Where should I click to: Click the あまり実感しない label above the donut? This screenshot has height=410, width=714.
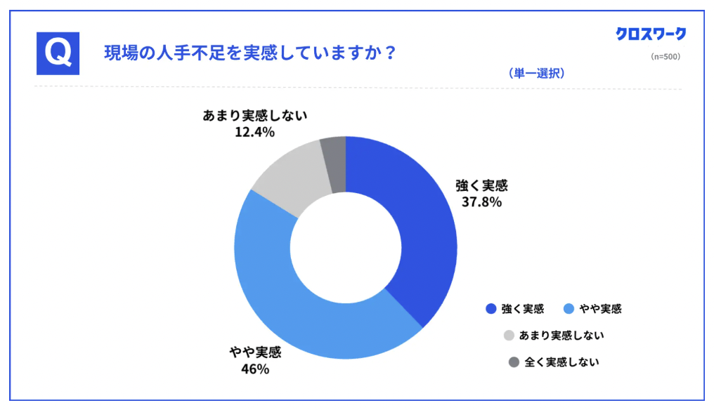pyautogui.click(x=256, y=116)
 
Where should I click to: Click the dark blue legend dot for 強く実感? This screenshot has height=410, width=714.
pyautogui.click(x=491, y=309)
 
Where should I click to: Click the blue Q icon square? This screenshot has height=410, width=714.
pyautogui.click(x=57, y=53)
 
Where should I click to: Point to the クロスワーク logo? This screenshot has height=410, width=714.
pyautogui.click(x=650, y=34)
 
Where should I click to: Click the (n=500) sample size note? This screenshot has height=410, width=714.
pyautogui.click(x=665, y=56)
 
